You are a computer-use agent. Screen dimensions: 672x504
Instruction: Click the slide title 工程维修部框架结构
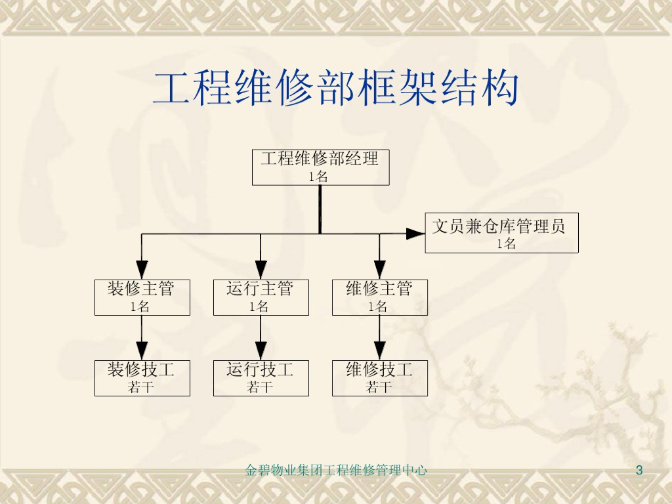tap(335, 90)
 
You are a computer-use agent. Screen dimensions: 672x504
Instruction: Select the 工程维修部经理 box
tap(320, 167)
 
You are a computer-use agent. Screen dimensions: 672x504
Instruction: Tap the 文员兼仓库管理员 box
tap(501, 233)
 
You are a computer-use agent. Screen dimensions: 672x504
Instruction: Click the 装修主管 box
tap(142, 297)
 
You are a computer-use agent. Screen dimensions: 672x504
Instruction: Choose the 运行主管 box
tap(261, 297)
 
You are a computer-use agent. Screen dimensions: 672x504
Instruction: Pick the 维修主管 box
tap(379, 297)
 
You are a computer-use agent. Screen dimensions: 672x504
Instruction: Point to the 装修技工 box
tap(142, 377)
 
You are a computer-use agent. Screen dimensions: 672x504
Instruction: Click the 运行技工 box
tap(261, 377)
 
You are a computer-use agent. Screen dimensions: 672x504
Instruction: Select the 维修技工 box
tap(379, 377)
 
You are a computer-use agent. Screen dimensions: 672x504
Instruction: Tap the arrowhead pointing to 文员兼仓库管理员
tap(415, 233)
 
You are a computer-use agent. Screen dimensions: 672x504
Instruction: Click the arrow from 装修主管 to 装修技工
tap(142, 338)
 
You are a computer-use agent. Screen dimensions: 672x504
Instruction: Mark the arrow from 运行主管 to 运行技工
tap(261, 338)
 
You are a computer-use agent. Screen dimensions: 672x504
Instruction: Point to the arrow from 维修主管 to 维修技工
tap(379, 338)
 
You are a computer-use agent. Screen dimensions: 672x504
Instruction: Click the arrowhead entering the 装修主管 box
tap(142, 270)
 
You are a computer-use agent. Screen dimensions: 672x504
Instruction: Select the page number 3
tap(639, 470)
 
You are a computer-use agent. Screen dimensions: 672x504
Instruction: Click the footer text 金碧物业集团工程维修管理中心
tap(335, 470)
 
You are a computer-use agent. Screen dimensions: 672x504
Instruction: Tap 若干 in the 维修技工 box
tap(379, 387)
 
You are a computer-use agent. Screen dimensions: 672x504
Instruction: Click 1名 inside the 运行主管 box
tap(259, 306)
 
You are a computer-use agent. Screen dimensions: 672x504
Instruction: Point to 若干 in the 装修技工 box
tap(141, 387)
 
